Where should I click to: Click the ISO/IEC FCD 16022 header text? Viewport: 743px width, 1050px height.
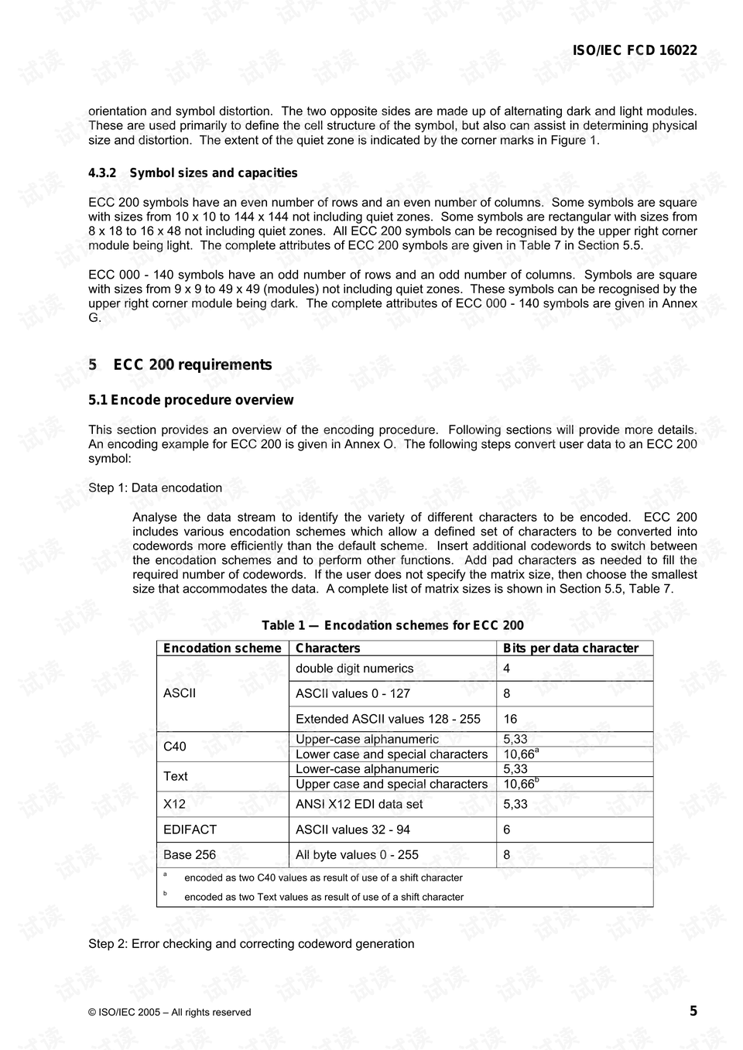pyautogui.click(x=634, y=51)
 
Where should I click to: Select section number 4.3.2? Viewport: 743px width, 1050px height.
pyautogui.click(x=102, y=173)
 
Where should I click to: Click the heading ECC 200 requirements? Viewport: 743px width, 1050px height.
pyautogui.click(x=192, y=365)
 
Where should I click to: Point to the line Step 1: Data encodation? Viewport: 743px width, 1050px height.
pyautogui.click(x=155, y=488)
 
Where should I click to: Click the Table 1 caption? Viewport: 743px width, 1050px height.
pyautogui.click(x=392, y=626)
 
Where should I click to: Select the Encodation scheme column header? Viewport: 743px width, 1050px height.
pyautogui.click(x=222, y=648)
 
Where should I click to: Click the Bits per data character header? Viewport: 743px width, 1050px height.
pyautogui.click(x=570, y=648)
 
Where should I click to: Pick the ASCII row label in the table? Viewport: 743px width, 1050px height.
pyautogui.click(x=180, y=693)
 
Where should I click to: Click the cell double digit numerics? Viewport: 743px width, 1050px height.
pyautogui.click(x=354, y=669)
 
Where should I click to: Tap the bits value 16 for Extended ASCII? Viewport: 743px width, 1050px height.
pyautogui.click(x=510, y=719)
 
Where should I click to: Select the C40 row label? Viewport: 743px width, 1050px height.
pyautogui.click(x=175, y=747)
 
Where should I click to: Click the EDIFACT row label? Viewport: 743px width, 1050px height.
pyautogui.click(x=190, y=829)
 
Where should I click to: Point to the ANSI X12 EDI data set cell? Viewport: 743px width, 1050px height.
pyautogui.click(x=359, y=804)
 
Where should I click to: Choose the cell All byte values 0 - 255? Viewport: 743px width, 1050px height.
pyautogui.click(x=357, y=855)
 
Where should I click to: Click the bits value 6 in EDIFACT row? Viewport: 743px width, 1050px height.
pyautogui.click(x=507, y=829)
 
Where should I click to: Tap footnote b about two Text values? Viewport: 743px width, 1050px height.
pyautogui.click(x=324, y=898)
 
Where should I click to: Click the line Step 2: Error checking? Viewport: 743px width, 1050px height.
pyautogui.click(x=251, y=944)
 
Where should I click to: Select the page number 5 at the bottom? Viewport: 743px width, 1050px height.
pyautogui.click(x=693, y=1011)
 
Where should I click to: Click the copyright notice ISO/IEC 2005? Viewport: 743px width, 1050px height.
pyautogui.click(x=169, y=1012)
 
